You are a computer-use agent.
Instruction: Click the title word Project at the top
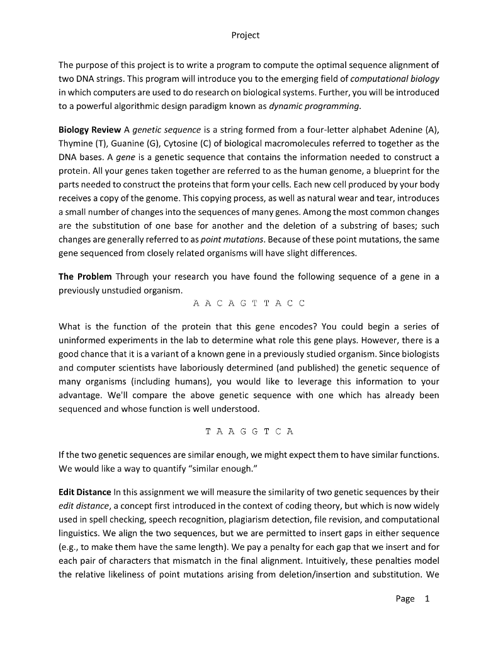point(246,35)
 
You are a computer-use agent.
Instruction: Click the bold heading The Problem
point(85,277)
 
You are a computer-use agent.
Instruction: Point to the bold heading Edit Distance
point(84,491)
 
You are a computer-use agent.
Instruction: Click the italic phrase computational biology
point(395,78)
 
